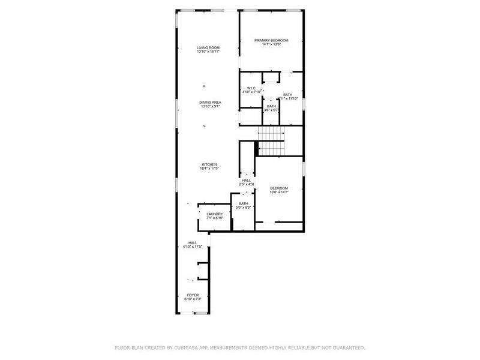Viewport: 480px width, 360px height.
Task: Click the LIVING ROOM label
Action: pyautogui.click(x=208, y=47)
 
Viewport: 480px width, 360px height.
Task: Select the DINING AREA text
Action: pyautogui.click(x=211, y=103)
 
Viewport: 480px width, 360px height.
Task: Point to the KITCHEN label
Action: pyautogui.click(x=209, y=164)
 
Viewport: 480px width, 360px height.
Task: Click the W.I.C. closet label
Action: pyautogui.click(x=251, y=88)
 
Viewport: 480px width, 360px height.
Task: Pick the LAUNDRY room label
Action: pyautogui.click(x=215, y=214)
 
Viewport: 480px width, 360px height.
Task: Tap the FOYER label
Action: pyautogui.click(x=193, y=295)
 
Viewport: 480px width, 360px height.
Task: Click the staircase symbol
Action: pyautogui.click(x=272, y=142)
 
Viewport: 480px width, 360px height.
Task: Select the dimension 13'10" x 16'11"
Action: pyautogui.click(x=208, y=52)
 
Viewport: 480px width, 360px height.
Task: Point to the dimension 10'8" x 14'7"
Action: pyautogui.click(x=279, y=192)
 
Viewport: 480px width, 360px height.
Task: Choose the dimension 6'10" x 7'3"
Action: pyautogui.click(x=193, y=299)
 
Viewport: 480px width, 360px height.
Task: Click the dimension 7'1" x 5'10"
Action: pyautogui.click(x=215, y=218)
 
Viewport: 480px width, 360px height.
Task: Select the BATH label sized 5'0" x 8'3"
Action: pyautogui.click(x=243, y=203)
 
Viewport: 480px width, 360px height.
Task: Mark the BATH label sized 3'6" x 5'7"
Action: pyautogui.click(x=272, y=106)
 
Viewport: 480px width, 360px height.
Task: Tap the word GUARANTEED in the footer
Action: pyautogui.click(x=347, y=347)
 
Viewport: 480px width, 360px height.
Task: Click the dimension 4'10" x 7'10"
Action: pyautogui.click(x=251, y=92)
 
